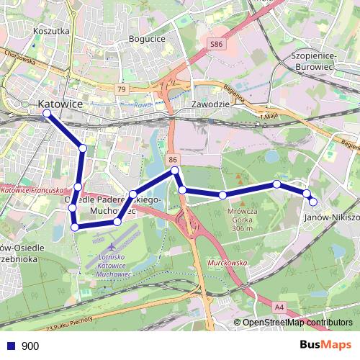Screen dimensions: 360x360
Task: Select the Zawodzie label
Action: [210, 104]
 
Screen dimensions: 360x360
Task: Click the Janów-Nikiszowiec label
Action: [332, 216]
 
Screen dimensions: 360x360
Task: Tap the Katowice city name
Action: [61, 104]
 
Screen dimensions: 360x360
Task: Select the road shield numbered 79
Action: [121, 89]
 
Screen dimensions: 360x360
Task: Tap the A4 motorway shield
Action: [279, 307]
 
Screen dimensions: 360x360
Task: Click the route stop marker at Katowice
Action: [47, 114]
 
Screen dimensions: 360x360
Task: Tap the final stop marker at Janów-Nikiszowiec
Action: [312, 202]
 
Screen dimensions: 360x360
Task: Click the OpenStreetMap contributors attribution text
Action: [297, 323]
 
